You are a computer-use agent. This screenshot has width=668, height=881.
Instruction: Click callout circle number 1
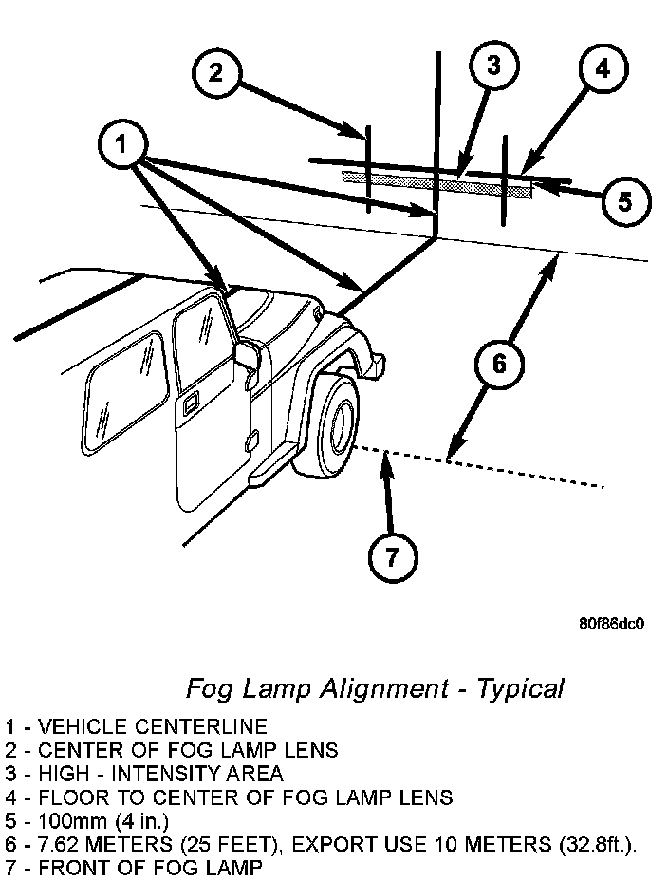121,145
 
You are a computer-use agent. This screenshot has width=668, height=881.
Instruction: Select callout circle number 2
217,72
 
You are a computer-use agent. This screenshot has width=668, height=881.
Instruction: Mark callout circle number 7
392,554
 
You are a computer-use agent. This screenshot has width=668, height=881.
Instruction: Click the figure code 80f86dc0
611,625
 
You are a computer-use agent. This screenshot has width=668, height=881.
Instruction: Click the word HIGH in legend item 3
57,774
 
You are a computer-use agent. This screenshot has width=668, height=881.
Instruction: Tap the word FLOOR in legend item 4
65,797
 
